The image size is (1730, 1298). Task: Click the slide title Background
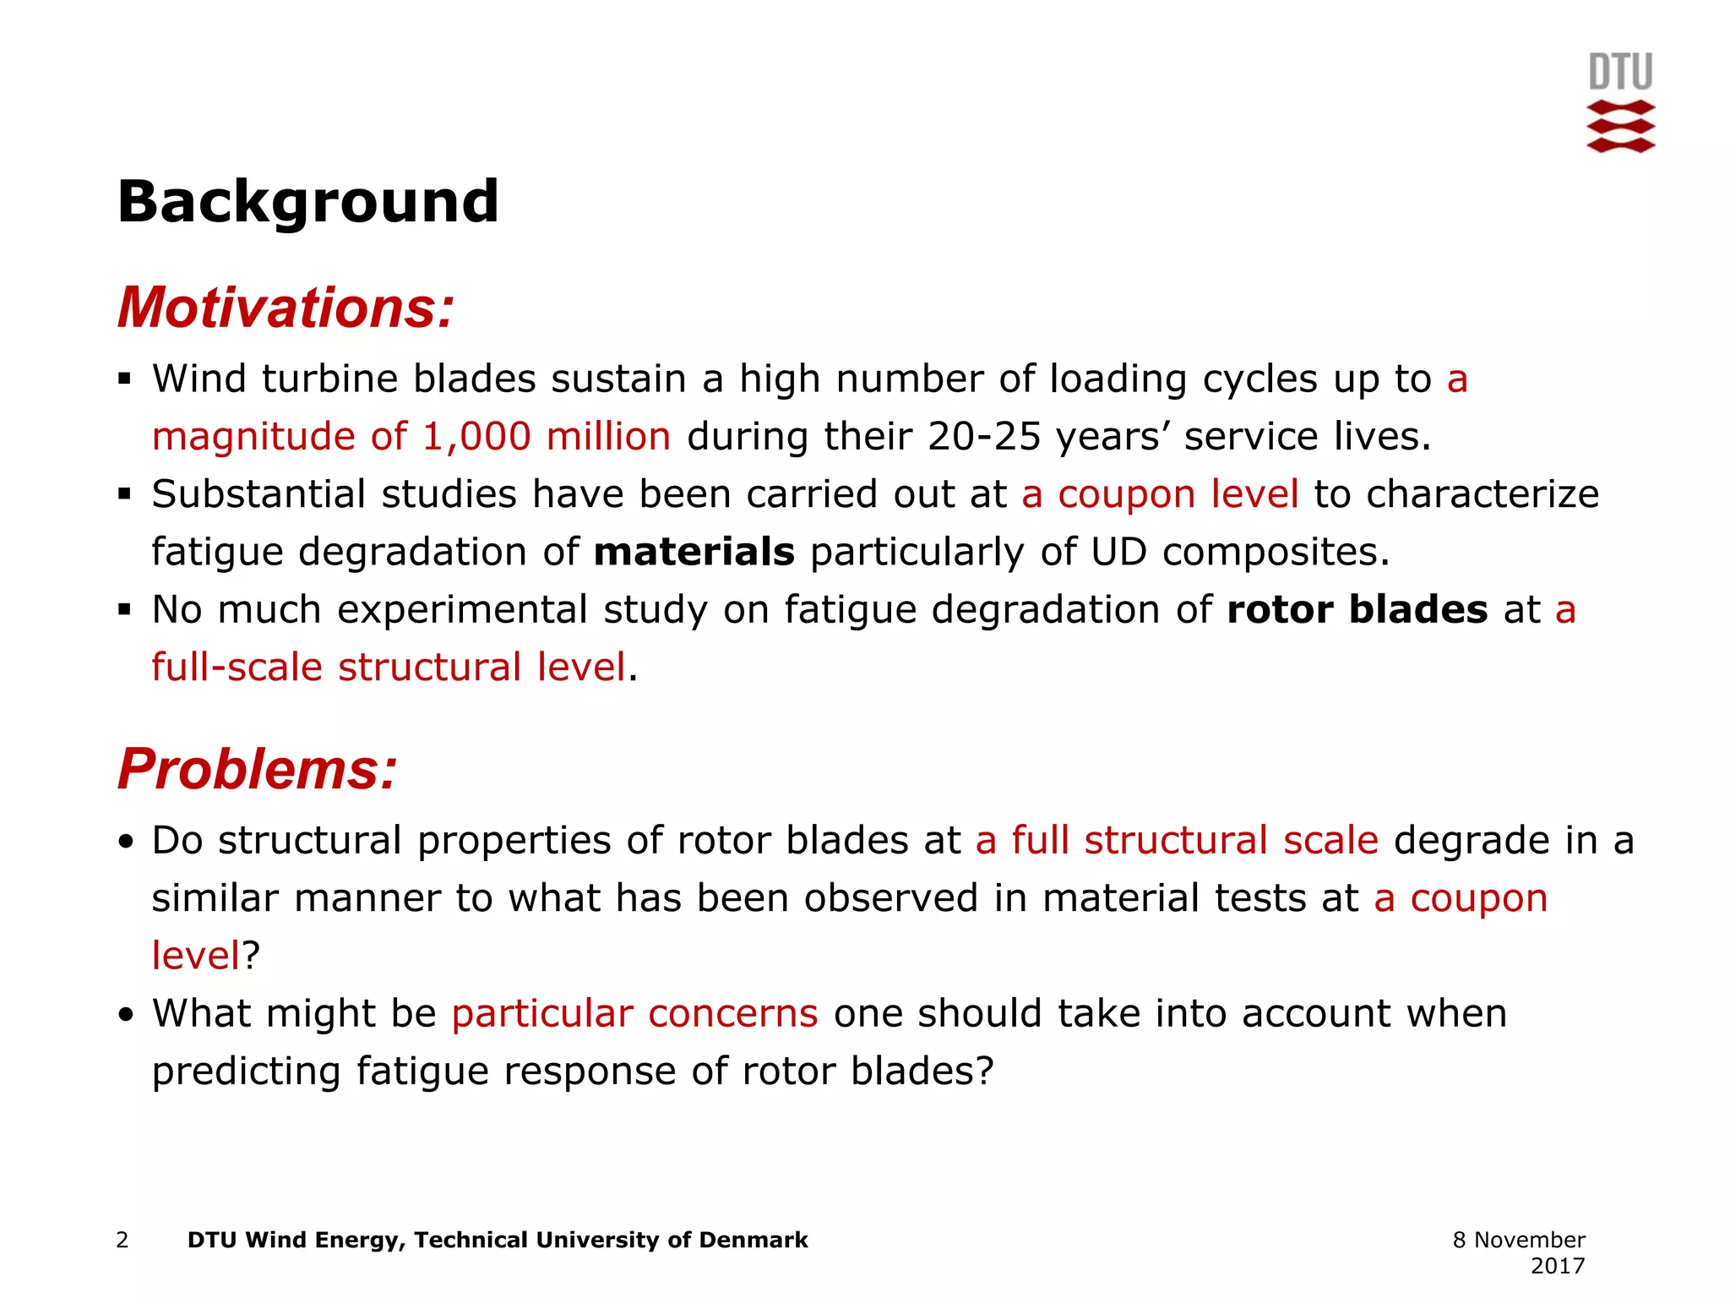307,202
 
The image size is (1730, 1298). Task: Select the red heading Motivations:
286,308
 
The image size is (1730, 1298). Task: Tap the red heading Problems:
257,769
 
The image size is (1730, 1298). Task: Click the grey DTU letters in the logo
1620,72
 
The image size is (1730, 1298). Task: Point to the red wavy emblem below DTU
1620,127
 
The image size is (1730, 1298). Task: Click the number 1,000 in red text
476,436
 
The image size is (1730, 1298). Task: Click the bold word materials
694,552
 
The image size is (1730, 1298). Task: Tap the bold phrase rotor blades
1357,609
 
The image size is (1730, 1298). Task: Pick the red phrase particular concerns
634,1013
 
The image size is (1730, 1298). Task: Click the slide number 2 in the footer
122,1240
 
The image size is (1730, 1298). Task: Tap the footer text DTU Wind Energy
296,1240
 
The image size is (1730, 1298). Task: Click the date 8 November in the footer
1518,1240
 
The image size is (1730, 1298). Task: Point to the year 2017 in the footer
1557,1266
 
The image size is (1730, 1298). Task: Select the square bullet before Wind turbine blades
125,379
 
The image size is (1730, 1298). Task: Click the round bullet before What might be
126,1014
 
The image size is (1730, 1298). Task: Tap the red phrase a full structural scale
1177,840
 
